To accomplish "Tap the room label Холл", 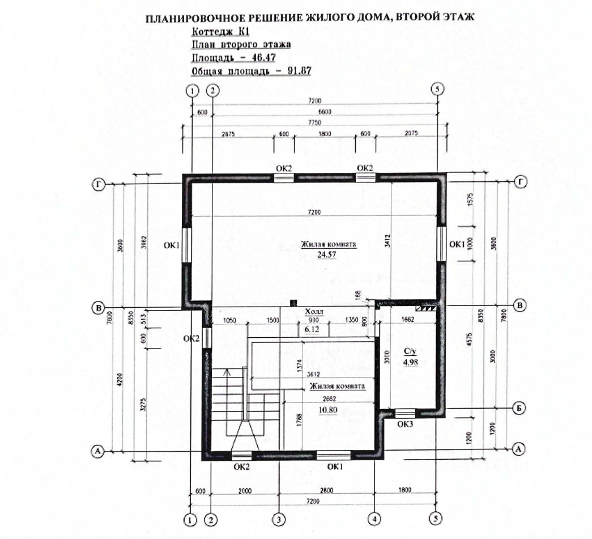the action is [x=315, y=312].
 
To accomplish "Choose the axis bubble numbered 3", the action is [x=278, y=518].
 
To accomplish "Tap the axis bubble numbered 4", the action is [x=374, y=518].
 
